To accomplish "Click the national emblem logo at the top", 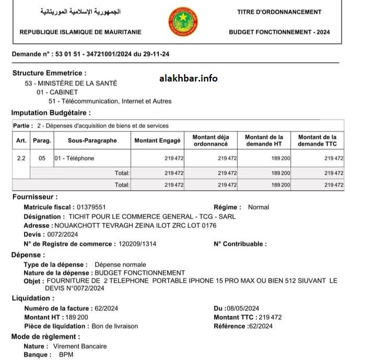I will [x=183, y=21].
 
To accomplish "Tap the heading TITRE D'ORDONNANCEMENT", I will [x=279, y=12].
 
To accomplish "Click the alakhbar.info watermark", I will [x=188, y=78].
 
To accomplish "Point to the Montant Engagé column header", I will [x=157, y=141].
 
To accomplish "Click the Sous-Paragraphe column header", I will [x=92, y=141].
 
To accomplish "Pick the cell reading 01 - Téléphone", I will [x=75, y=158].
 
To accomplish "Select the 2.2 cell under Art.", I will [x=21, y=158].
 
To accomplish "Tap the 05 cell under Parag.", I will [x=42, y=158].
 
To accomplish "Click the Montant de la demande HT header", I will [x=264, y=141].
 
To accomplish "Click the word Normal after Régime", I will [x=258, y=207].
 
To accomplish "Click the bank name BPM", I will [x=66, y=355].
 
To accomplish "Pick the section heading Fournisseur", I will [x=34, y=197].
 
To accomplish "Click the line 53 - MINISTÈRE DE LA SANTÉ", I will [x=71, y=83].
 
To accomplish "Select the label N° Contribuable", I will [x=240, y=244].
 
